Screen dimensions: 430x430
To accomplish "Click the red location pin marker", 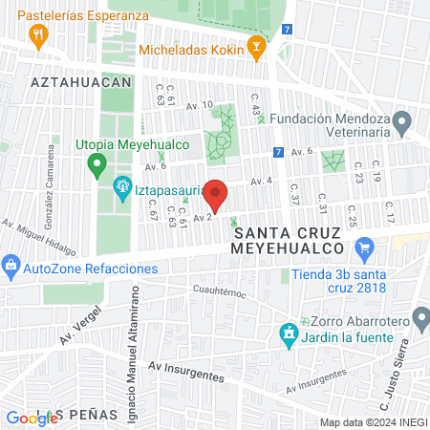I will tap(216, 194).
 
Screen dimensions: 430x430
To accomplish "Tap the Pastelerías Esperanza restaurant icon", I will tap(39, 36).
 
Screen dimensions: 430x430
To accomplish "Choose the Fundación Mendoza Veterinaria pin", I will tap(402, 121).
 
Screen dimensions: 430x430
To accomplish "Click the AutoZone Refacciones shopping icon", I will tap(11, 264).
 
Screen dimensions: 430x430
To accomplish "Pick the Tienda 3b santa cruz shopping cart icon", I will tap(363, 250).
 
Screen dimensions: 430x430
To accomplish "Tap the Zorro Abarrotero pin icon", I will tap(420, 315).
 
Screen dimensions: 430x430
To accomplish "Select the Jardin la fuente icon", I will tap(287, 334).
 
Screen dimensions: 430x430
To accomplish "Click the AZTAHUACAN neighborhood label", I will tap(80, 83).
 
